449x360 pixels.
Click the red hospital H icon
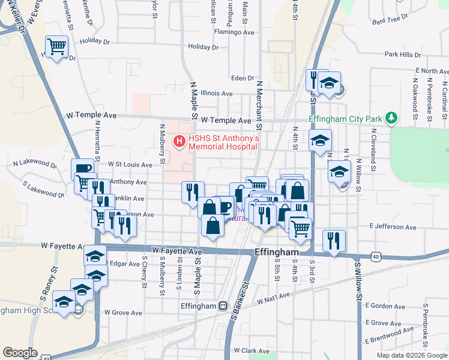point(178,142)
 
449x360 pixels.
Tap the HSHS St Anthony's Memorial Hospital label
point(223,142)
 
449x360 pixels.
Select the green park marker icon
point(391,116)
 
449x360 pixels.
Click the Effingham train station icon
point(223,305)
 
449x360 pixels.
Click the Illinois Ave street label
point(217,94)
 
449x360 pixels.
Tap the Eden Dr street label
point(243,78)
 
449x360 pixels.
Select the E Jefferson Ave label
point(393,226)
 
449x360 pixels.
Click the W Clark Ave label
point(254,350)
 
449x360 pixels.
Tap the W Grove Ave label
point(123,313)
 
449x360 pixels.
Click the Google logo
point(20,353)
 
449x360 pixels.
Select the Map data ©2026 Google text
point(411,355)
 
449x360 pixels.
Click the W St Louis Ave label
point(130,164)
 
